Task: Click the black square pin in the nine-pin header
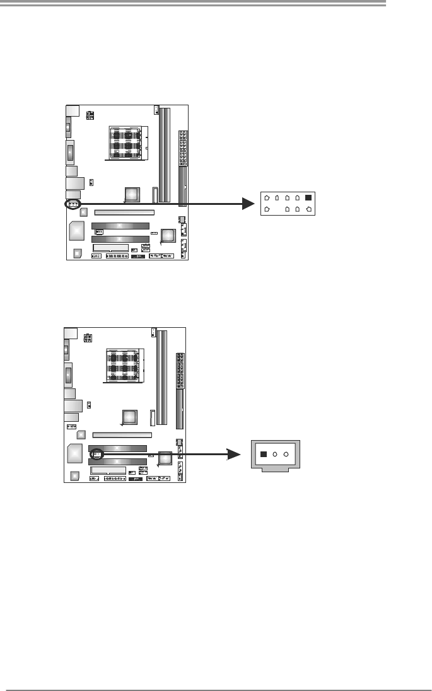pos(308,197)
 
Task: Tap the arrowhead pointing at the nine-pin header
pos(251,203)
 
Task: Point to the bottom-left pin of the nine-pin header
pos(267,209)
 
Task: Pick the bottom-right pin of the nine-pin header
pos(308,209)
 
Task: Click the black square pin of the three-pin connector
pos(264,454)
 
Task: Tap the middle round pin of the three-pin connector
pos(275,454)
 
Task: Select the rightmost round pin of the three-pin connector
pos(286,454)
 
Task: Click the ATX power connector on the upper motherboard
pos(184,147)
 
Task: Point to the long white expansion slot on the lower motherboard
pos(122,435)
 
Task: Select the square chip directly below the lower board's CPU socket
pos(130,417)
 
